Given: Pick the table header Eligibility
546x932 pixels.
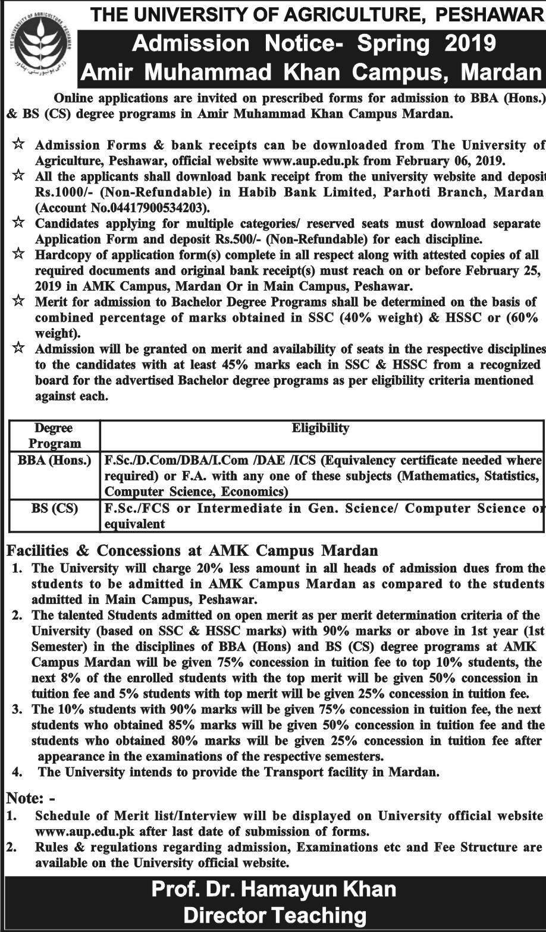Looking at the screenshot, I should pyautogui.click(x=321, y=428).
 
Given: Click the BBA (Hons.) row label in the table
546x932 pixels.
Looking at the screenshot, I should pyautogui.click(x=55, y=460).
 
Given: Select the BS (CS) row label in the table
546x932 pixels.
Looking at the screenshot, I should pyautogui.click(x=55, y=509).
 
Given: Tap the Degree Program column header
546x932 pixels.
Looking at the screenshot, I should pyautogui.click(x=55, y=436).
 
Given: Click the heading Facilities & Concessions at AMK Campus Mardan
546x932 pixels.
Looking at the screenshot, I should pyautogui.click(x=192, y=551).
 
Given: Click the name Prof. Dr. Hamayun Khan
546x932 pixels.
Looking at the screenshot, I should pyautogui.click(x=274, y=890).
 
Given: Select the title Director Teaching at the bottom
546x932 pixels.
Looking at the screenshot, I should pyautogui.click(x=274, y=916).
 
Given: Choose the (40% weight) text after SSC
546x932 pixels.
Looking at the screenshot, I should pyautogui.click(x=382, y=317).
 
